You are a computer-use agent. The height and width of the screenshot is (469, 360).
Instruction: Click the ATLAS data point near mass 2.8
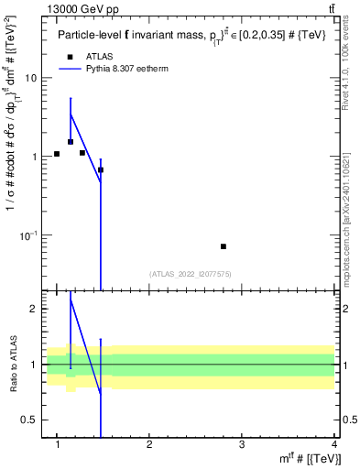[224, 246]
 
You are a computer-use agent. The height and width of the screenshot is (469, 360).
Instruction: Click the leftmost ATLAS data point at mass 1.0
[57, 154]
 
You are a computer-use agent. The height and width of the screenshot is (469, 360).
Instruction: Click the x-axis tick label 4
[334, 444]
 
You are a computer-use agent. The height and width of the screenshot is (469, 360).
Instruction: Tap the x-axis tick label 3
[242, 444]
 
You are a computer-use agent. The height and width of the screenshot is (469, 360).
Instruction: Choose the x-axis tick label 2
[149, 444]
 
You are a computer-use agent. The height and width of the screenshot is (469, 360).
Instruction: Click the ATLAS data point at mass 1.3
[82, 153]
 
